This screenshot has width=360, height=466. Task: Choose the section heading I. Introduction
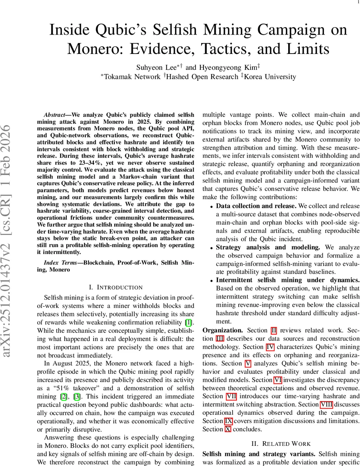click(115, 287)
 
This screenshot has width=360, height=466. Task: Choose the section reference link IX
click(229, 421)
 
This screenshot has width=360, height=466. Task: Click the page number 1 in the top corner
click(358, 2)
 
